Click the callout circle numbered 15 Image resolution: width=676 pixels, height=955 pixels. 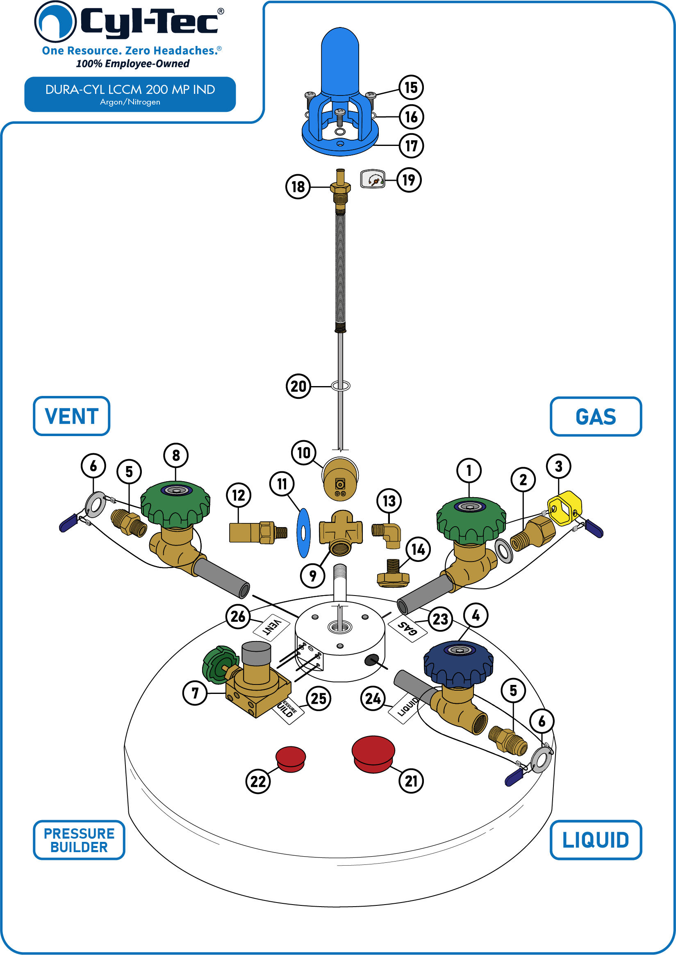411,87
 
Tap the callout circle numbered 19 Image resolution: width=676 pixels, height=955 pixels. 409,180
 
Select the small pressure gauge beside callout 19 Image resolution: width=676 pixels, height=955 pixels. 373,179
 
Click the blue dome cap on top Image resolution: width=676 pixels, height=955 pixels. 340,61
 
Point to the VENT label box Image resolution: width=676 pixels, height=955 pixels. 72,416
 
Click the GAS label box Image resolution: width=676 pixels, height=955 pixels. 596,416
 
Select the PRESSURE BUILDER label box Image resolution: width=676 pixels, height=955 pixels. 79,840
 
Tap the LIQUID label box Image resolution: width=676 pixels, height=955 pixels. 596,840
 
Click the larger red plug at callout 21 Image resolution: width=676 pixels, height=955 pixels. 373,754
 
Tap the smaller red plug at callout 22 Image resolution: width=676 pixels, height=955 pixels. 291,759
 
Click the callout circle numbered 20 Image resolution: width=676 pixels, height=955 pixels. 298,386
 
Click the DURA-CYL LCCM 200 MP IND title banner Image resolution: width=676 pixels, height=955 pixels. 130,94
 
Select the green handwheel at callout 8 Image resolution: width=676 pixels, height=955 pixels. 175,504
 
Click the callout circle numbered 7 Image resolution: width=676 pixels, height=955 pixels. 195,693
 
